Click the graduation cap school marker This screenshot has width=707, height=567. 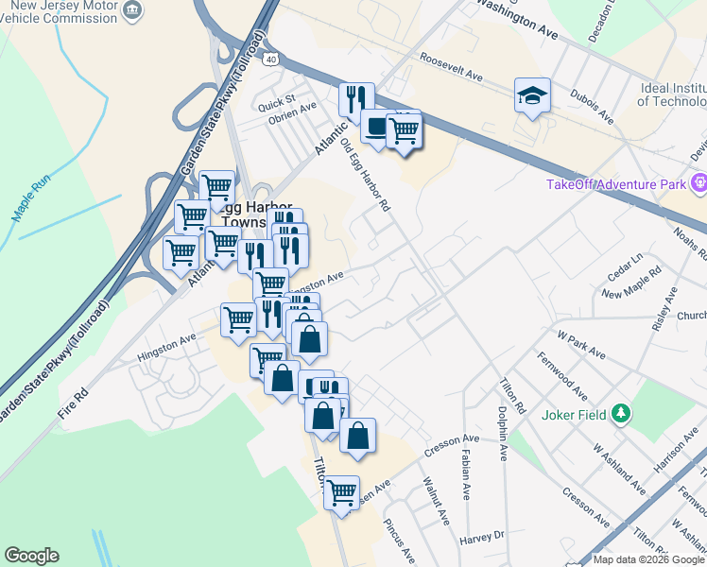click(532, 94)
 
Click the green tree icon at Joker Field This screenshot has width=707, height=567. click(620, 413)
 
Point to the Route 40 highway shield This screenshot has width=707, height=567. click(271, 59)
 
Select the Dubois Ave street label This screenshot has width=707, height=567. click(591, 107)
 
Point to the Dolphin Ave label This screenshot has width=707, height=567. click(504, 434)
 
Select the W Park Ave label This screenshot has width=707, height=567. click(581, 344)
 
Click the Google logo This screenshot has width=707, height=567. click(31, 556)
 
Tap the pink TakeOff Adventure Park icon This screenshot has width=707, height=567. click(699, 183)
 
